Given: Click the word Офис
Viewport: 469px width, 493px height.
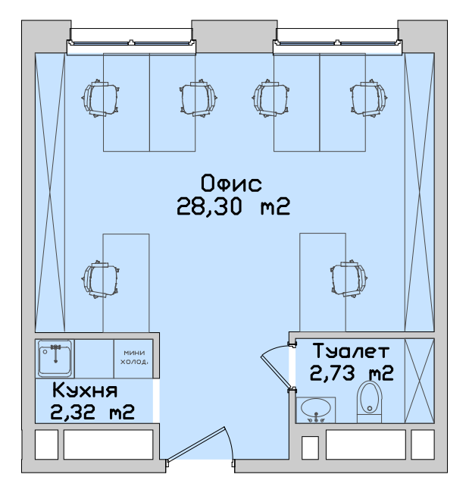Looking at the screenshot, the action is (x=231, y=184).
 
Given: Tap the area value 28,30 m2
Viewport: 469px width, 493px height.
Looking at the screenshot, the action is (x=233, y=206).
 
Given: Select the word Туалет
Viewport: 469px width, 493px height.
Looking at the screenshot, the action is (x=352, y=350).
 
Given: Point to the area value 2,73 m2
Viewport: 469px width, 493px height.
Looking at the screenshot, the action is (x=352, y=373).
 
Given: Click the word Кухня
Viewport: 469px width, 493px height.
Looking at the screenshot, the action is (x=85, y=390).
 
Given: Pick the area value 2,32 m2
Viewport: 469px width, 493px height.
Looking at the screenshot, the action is (x=92, y=412).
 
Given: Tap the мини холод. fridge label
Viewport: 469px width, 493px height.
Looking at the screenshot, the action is (x=134, y=357).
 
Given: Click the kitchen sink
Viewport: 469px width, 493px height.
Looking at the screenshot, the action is (x=55, y=358).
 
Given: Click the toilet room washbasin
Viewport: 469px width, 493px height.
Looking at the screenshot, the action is (x=316, y=410).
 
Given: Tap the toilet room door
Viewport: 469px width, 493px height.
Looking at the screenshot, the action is (x=277, y=371).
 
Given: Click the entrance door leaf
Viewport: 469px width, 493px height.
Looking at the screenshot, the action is (x=195, y=445).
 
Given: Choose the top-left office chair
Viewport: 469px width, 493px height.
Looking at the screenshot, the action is (x=101, y=98).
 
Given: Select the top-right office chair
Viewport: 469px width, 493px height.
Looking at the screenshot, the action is (x=369, y=98).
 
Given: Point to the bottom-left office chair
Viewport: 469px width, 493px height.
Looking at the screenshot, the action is (x=101, y=279).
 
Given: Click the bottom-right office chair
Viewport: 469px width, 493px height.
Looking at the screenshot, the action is (x=349, y=278).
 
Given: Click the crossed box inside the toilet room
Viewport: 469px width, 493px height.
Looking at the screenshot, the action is (x=419, y=381).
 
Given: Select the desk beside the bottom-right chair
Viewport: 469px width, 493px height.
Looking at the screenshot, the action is (x=323, y=282).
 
